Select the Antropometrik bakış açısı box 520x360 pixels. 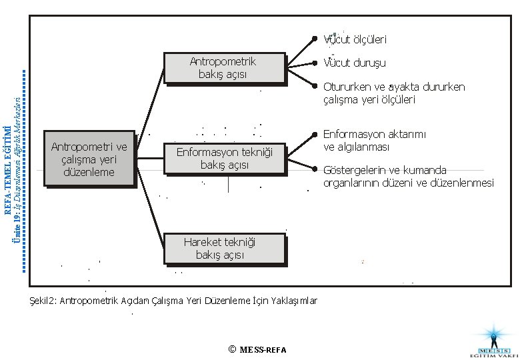coord(223,67)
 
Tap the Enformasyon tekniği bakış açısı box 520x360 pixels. coord(225,158)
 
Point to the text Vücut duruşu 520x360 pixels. coord(355,63)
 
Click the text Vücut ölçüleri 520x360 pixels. coord(355,39)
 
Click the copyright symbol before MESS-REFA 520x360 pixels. coord(231,349)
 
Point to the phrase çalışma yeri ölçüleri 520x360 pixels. coord(369,99)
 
